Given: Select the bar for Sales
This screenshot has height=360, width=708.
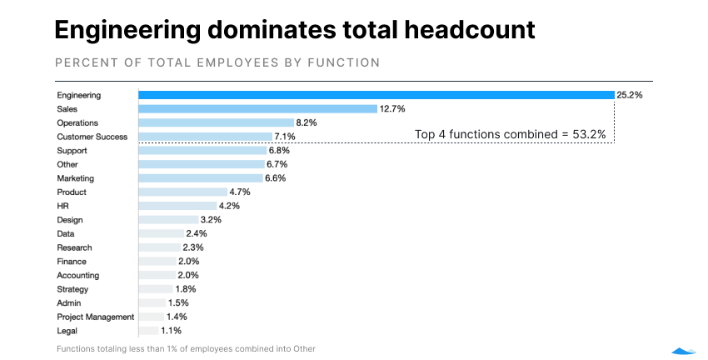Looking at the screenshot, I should pos(258,109).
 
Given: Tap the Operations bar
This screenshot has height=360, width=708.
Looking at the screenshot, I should pos(216,122).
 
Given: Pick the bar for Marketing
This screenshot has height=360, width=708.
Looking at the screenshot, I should pos(201,178).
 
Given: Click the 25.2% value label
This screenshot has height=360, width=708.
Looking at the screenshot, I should pos(630,95).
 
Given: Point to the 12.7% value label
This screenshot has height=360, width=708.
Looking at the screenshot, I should pos(392,109).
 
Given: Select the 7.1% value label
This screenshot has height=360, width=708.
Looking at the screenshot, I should pos(286,137).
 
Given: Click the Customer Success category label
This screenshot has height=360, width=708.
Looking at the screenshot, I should pos(92,137).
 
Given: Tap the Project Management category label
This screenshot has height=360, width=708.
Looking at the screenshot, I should pos(95,317).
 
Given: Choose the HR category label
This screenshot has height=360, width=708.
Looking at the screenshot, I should pos(62,206).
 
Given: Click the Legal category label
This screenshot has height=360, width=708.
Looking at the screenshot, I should pos(67,331).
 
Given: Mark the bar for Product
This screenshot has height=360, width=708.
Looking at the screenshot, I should pos(182,192).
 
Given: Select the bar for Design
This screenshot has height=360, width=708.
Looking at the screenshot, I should pos(168,220).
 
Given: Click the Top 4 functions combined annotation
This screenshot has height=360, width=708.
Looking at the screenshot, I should pos(510,134).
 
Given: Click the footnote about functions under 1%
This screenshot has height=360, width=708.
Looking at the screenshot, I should pos(186,348).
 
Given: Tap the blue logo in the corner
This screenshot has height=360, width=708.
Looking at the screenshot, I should pos(684,350).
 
